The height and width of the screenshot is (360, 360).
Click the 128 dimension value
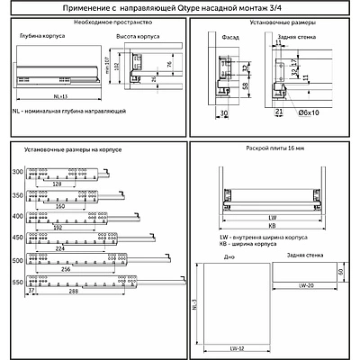[58, 184]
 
